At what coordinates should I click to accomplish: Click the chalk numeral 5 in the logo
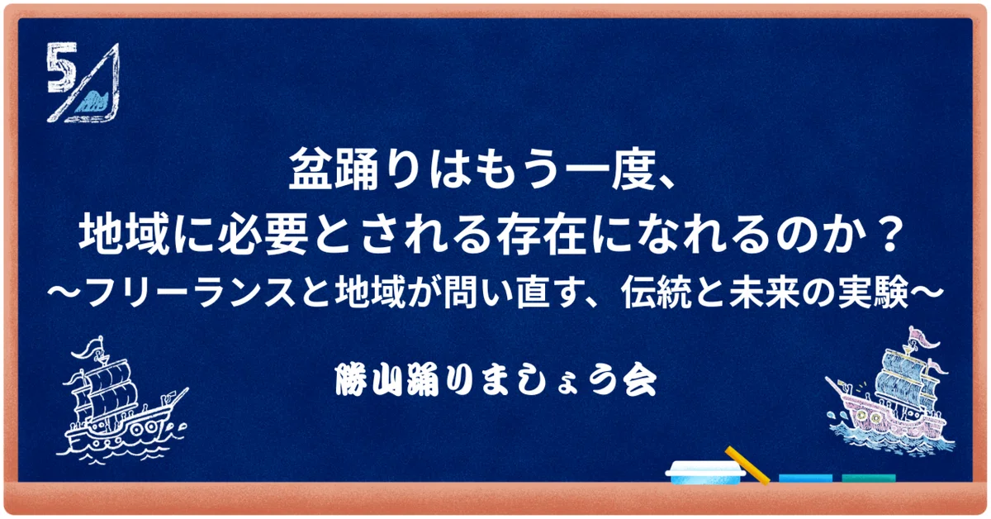point(61,67)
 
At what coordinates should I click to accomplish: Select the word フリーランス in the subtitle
point(191,293)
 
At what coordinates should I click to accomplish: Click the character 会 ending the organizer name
point(640,380)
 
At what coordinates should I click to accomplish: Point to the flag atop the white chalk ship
point(92,348)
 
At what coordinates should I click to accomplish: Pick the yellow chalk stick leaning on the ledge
point(747,465)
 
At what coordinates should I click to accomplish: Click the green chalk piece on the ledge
point(869,479)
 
